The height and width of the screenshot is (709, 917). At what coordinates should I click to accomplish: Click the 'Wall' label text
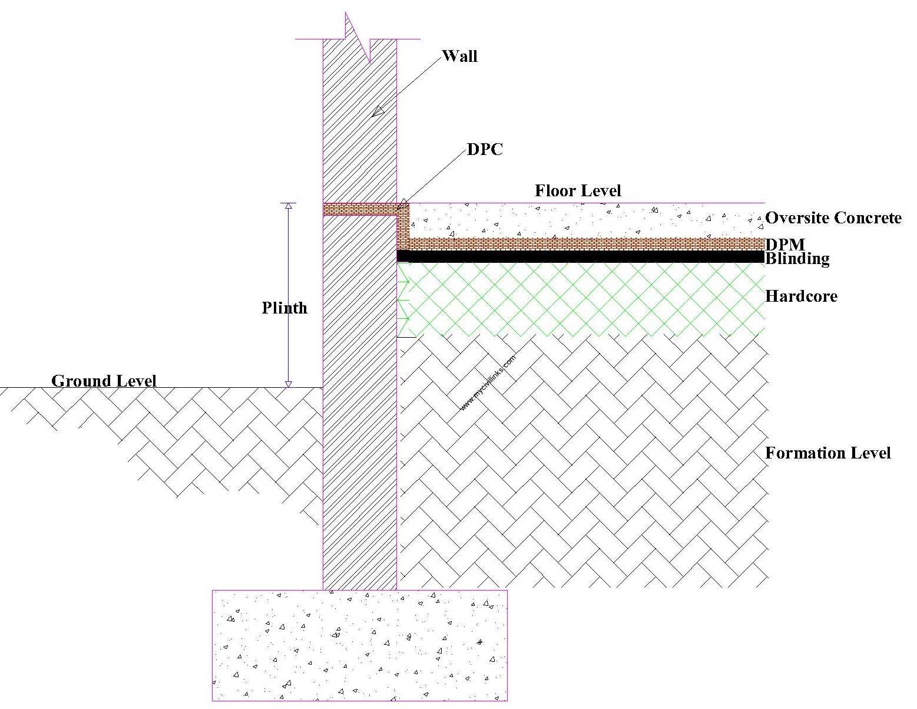[459, 56]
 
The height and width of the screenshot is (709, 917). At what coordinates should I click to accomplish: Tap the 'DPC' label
[485, 150]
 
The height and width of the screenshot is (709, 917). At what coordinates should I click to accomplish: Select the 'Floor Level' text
[578, 190]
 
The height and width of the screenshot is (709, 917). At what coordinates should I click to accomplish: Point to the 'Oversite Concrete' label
[833, 218]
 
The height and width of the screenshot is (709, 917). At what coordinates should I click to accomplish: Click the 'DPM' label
[784, 244]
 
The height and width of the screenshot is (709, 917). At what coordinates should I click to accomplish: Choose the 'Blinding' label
[797, 259]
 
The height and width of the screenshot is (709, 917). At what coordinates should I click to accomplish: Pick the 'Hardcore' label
[801, 296]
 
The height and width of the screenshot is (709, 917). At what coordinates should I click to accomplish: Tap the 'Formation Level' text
[827, 453]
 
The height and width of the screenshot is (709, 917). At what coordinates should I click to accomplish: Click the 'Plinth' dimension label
[284, 308]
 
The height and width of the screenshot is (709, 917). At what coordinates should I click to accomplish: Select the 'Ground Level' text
[104, 381]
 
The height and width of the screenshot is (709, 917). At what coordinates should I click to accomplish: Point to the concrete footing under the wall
[359, 645]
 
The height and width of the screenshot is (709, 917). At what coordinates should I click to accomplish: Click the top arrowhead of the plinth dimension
[289, 206]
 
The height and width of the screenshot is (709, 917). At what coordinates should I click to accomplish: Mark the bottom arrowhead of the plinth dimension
[289, 384]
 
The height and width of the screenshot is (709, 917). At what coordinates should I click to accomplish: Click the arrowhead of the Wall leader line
[378, 110]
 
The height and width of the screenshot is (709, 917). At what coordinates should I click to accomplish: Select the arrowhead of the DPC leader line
[402, 206]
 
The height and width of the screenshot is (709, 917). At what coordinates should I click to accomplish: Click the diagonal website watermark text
[488, 381]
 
